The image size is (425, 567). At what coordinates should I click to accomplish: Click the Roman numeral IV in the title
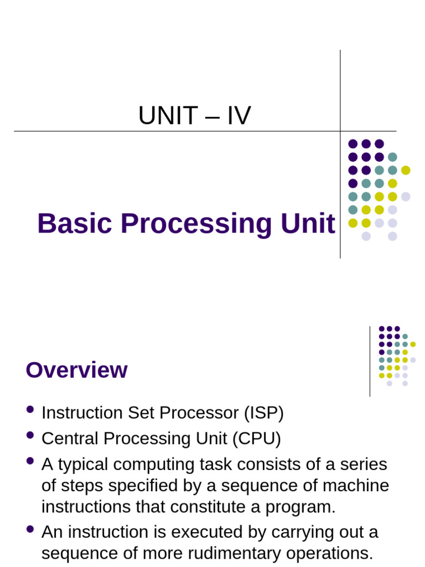tap(238, 116)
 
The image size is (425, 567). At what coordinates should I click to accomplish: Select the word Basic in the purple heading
tap(75, 224)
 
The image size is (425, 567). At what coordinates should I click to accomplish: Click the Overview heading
tap(76, 370)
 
